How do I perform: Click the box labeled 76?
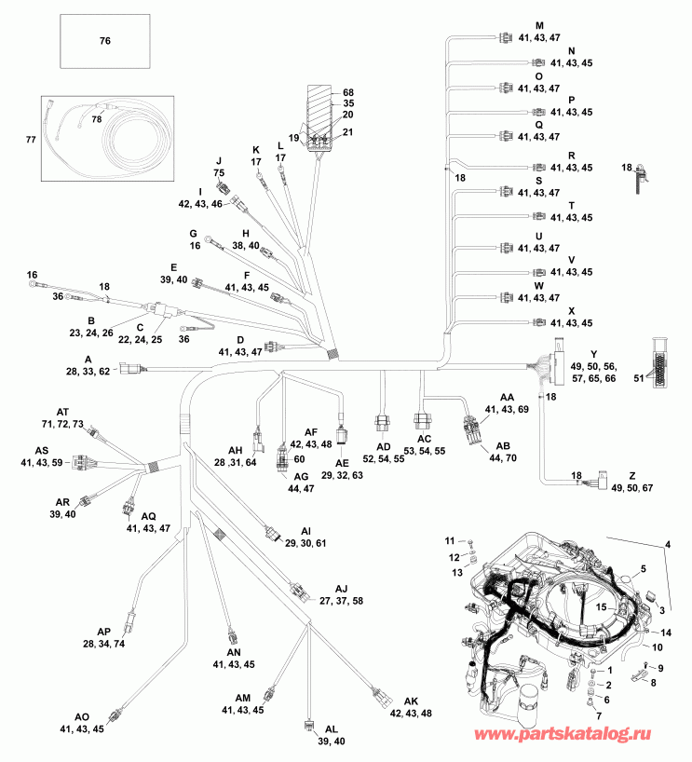tap(103, 41)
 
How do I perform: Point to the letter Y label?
tap(592, 355)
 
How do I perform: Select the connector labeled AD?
tap(381, 420)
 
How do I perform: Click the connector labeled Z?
tap(591, 482)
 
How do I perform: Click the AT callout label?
tap(62, 412)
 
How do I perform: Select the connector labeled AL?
tap(308, 722)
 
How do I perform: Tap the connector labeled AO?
tap(115, 714)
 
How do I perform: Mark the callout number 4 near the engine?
tap(666, 544)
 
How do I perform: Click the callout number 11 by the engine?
tap(448, 541)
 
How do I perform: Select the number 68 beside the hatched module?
tap(348, 92)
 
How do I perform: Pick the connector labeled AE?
tap(342, 432)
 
